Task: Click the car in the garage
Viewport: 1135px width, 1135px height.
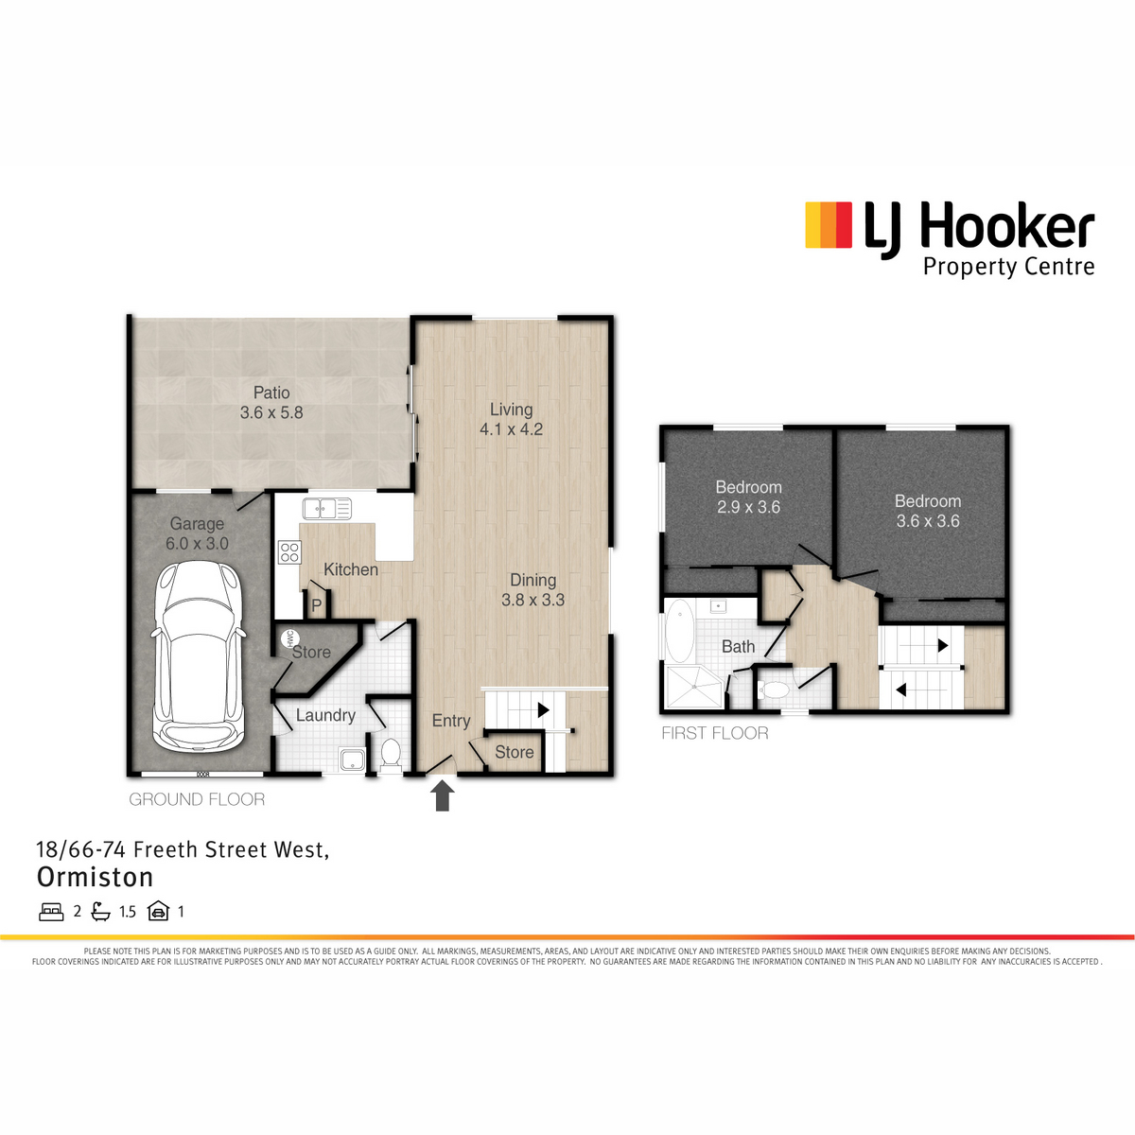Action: [x=198, y=655]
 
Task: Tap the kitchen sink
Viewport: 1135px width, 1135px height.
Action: [x=327, y=508]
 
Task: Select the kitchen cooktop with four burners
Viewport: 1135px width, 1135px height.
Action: [x=289, y=551]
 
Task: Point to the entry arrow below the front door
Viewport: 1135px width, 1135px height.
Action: [x=443, y=795]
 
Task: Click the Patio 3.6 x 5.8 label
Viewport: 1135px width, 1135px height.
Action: [x=271, y=402]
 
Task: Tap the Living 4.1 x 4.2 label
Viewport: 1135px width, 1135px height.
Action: [x=512, y=419]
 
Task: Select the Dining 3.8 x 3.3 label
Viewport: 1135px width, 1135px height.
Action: [x=533, y=589]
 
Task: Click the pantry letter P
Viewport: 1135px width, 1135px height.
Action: [x=317, y=605]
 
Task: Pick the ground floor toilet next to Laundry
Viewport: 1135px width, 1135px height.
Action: [x=391, y=755]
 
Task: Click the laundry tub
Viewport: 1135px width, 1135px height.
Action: [x=352, y=760]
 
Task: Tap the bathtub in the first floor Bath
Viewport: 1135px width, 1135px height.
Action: [x=680, y=631]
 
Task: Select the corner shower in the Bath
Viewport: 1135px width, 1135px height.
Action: [x=693, y=687]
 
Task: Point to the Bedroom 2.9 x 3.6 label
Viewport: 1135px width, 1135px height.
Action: [x=748, y=497]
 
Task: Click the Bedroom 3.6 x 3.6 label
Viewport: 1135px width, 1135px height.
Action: [x=928, y=511]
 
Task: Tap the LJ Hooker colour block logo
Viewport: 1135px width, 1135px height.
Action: [x=829, y=225]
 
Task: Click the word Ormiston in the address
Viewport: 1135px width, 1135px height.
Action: [x=95, y=877]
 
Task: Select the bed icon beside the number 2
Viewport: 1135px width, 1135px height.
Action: [x=51, y=911]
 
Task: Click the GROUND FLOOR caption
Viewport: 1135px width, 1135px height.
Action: [x=197, y=799]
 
